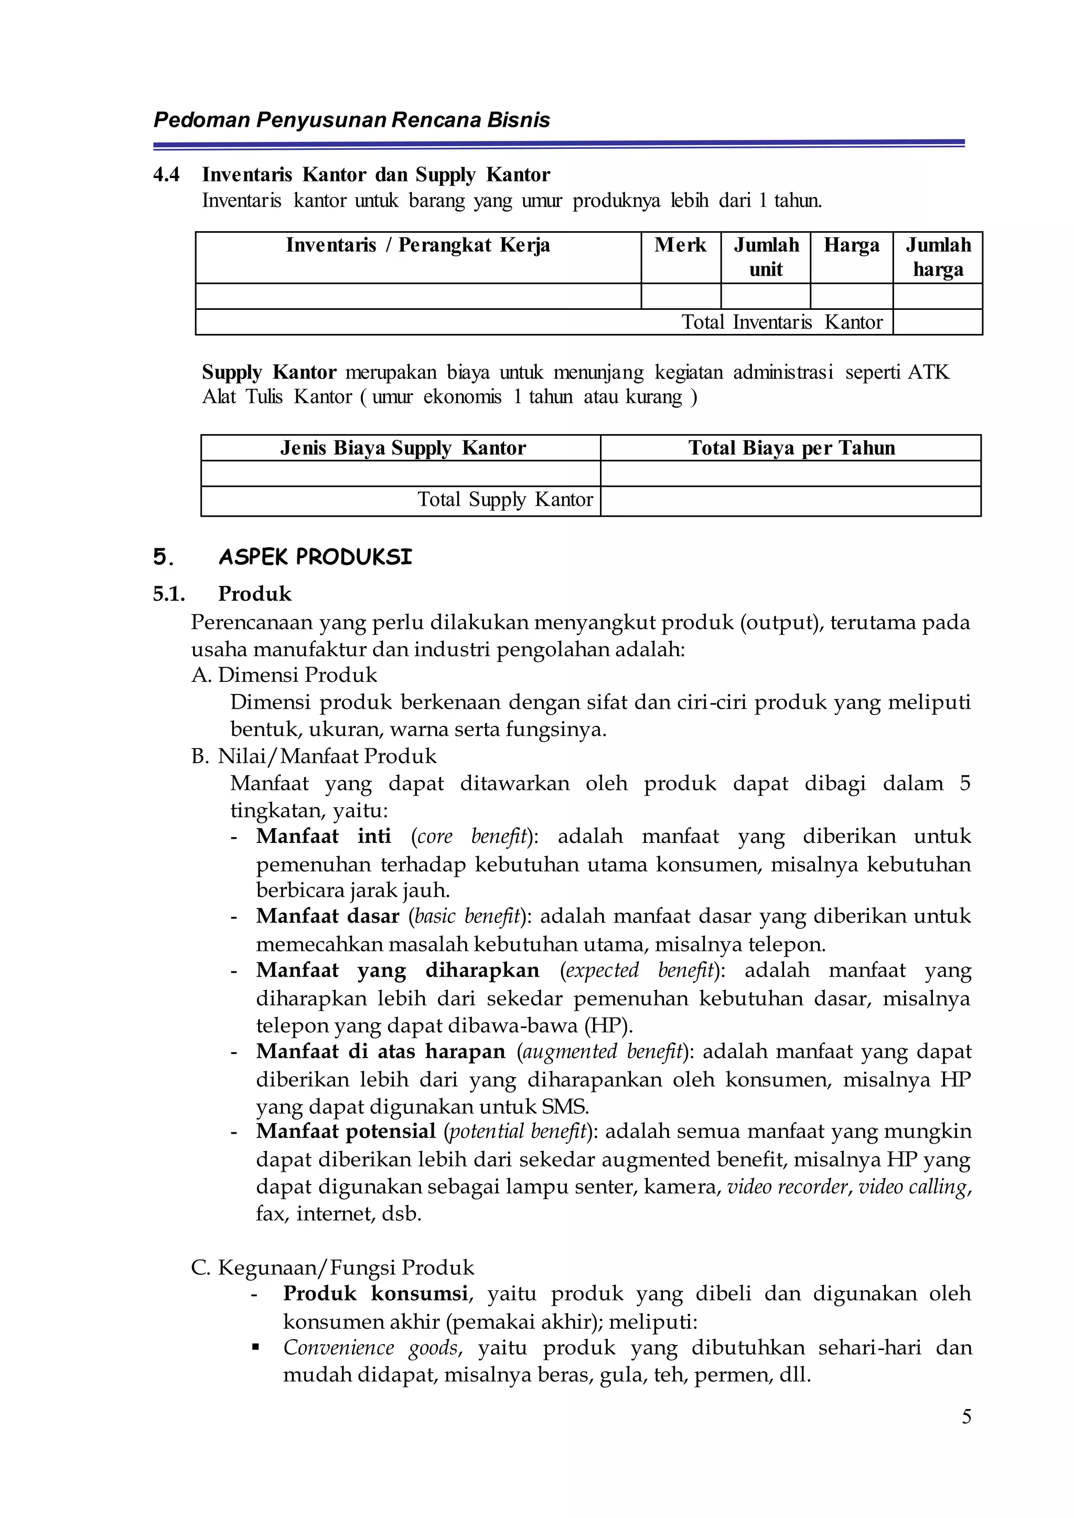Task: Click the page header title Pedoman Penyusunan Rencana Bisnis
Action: (351, 121)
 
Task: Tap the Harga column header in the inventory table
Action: (851, 245)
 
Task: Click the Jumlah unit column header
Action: (766, 257)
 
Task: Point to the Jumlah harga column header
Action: (937, 257)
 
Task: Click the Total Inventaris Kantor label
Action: (782, 322)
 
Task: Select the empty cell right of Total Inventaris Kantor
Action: (937, 322)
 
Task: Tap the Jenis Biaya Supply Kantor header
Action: (402, 448)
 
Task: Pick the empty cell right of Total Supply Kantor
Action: (790, 501)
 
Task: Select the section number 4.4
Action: (166, 175)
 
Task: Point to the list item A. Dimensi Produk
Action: (284, 675)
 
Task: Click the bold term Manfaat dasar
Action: (327, 916)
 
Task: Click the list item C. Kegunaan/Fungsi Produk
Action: (332, 1267)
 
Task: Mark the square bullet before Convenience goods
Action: (255, 1348)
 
